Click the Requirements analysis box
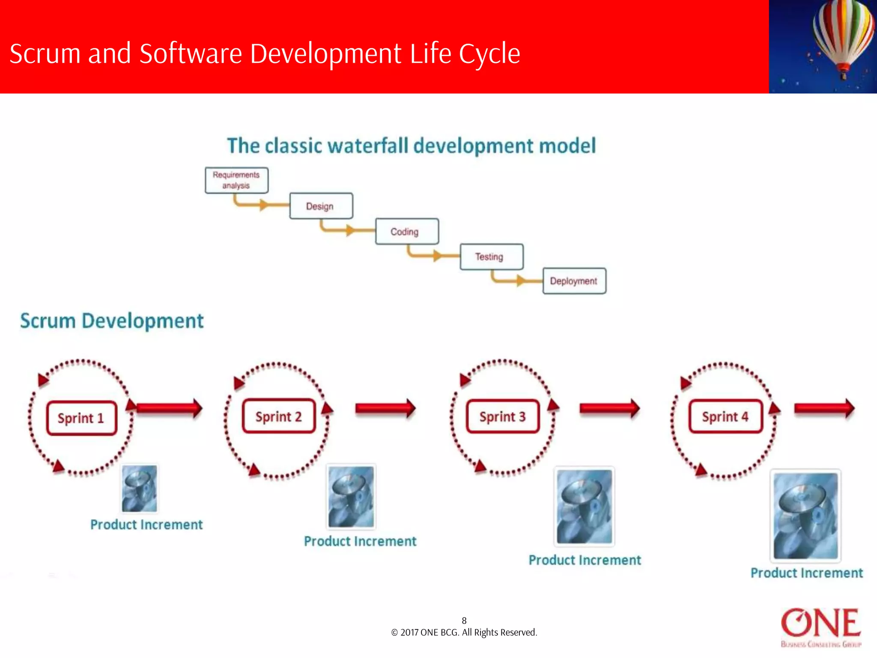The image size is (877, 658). pyautogui.click(x=236, y=180)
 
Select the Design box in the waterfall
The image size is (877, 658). pyautogui.click(x=321, y=206)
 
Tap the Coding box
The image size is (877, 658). pyautogui.click(x=406, y=232)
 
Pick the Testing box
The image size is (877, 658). pyautogui.click(x=491, y=257)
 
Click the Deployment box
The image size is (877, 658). pyautogui.click(x=574, y=281)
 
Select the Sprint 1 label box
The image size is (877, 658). pyautogui.click(x=81, y=418)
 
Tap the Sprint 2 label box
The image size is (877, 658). pyautogui.click(x=278, y=416)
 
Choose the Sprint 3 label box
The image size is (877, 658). pyautogui.click(x=502, y=416)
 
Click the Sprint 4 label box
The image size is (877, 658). pyautogui.click(x=725, y=416)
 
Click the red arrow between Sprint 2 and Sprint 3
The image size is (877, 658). pyautogui.click(x=385, y=408)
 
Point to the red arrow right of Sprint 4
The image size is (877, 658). pyautogui.click(x=824, y=408)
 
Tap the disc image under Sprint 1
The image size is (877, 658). pyautogui.click(x=139, y=489)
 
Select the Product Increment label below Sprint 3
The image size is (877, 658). pyautogui.click(x=585, y=560)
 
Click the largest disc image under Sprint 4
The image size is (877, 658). pyautogui.click(x=805, y=516)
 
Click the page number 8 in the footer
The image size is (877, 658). pyautogui.click(x=464, y=620)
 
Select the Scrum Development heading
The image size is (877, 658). pyautogui.click(x=112, y=321)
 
